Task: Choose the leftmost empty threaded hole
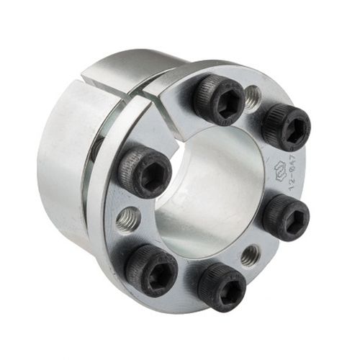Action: [128, 217]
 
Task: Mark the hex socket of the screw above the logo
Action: [290, 130]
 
